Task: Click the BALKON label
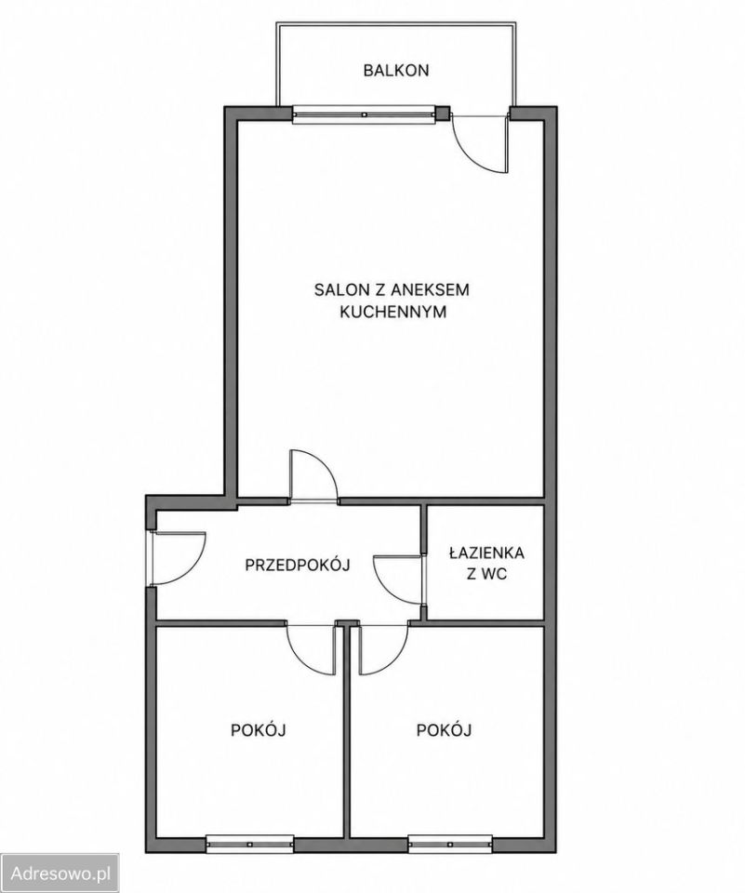(x=396, y=71)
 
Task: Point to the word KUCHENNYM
(x=392, y=313)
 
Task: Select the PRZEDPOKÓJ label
(x=298, y=565)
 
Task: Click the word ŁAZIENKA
(x=486, y=552)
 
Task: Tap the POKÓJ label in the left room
(x=258, y=729)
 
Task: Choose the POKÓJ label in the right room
(x=445, y=729)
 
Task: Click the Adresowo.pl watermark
(x=60, y=873)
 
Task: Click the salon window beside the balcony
(x=365, y=113)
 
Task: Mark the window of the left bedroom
(x=249, y=844)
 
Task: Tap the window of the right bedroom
(x=450, y=844)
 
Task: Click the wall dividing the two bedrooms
(x=346, y=735)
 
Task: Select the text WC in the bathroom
(x=495, y=574)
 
